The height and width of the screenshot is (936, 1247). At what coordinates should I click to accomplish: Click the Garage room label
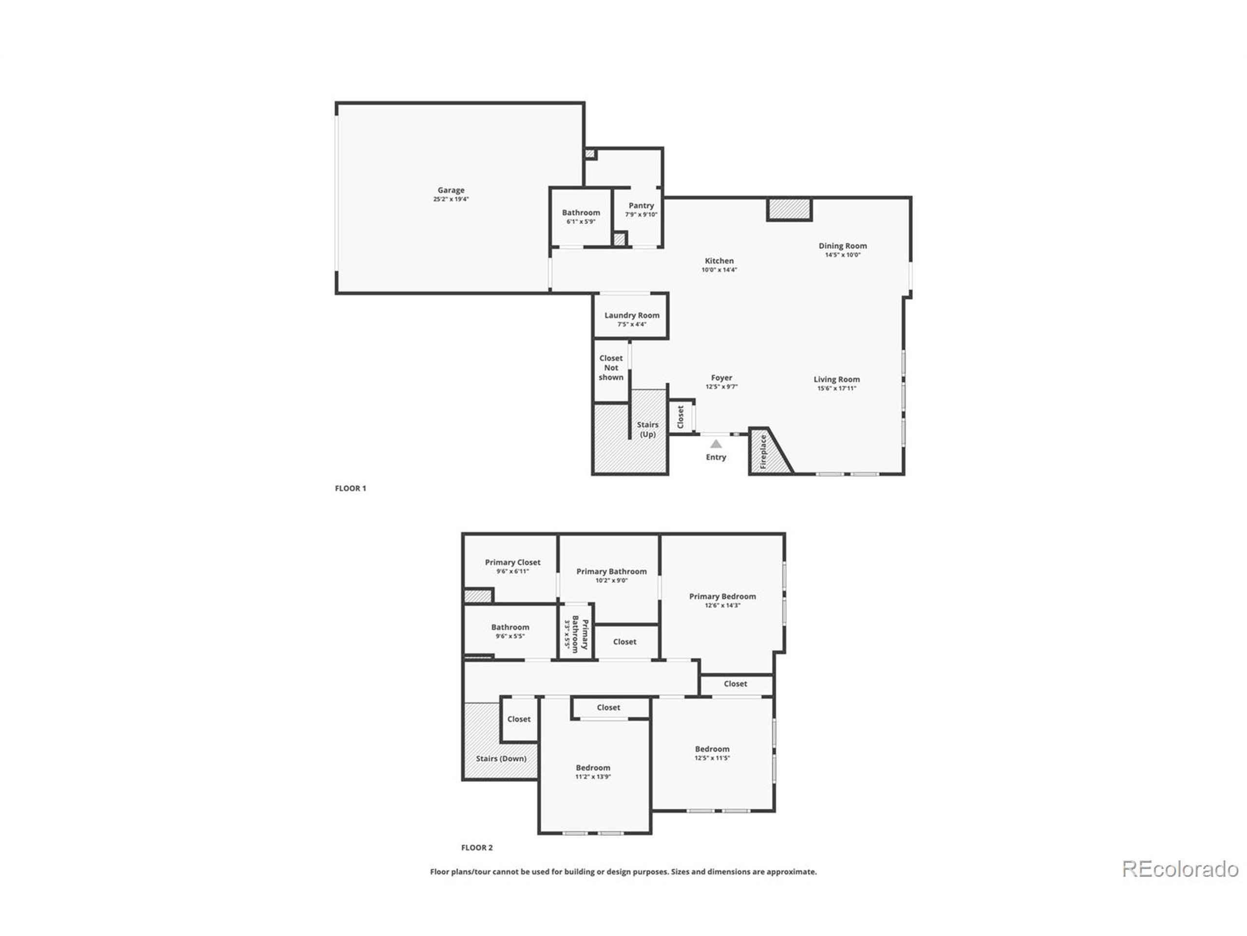(x=451, y=190)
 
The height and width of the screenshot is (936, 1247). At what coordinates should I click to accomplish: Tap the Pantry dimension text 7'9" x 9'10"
(x=641, y=215)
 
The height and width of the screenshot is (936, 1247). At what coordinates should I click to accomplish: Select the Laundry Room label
(x=631, y=315)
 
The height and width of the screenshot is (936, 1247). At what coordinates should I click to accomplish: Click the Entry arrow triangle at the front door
(x=716, y=444)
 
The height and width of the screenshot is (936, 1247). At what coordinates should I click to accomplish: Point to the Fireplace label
(x=763, y=451)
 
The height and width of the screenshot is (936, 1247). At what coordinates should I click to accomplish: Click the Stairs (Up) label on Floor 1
(x=647, y=429)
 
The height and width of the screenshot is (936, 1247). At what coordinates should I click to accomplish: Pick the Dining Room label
(x=842, y=246)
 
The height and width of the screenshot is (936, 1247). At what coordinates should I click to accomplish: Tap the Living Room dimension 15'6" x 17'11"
(x=836, y=389)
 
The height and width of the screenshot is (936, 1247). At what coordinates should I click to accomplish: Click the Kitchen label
(x=719, y=261)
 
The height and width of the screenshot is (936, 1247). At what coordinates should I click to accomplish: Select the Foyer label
(x=721, y=378)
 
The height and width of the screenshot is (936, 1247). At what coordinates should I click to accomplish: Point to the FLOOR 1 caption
(x=350, y=488)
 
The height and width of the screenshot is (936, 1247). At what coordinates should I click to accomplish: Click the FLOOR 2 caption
(x=476, y=847)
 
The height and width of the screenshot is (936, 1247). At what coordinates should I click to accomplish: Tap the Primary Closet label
(x=512, y=563)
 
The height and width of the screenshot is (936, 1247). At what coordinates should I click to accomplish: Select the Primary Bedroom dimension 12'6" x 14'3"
(x=722, y=605)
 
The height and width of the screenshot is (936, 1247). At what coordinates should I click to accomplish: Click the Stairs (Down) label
(x=501, y=758)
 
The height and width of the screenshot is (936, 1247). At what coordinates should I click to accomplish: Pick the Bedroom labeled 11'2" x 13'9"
(x=592, y=768)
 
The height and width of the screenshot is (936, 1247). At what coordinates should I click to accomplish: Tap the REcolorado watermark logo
(x=1179, y=869)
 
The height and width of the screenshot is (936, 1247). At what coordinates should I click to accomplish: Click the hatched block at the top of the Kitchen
(x=789, y=209)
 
